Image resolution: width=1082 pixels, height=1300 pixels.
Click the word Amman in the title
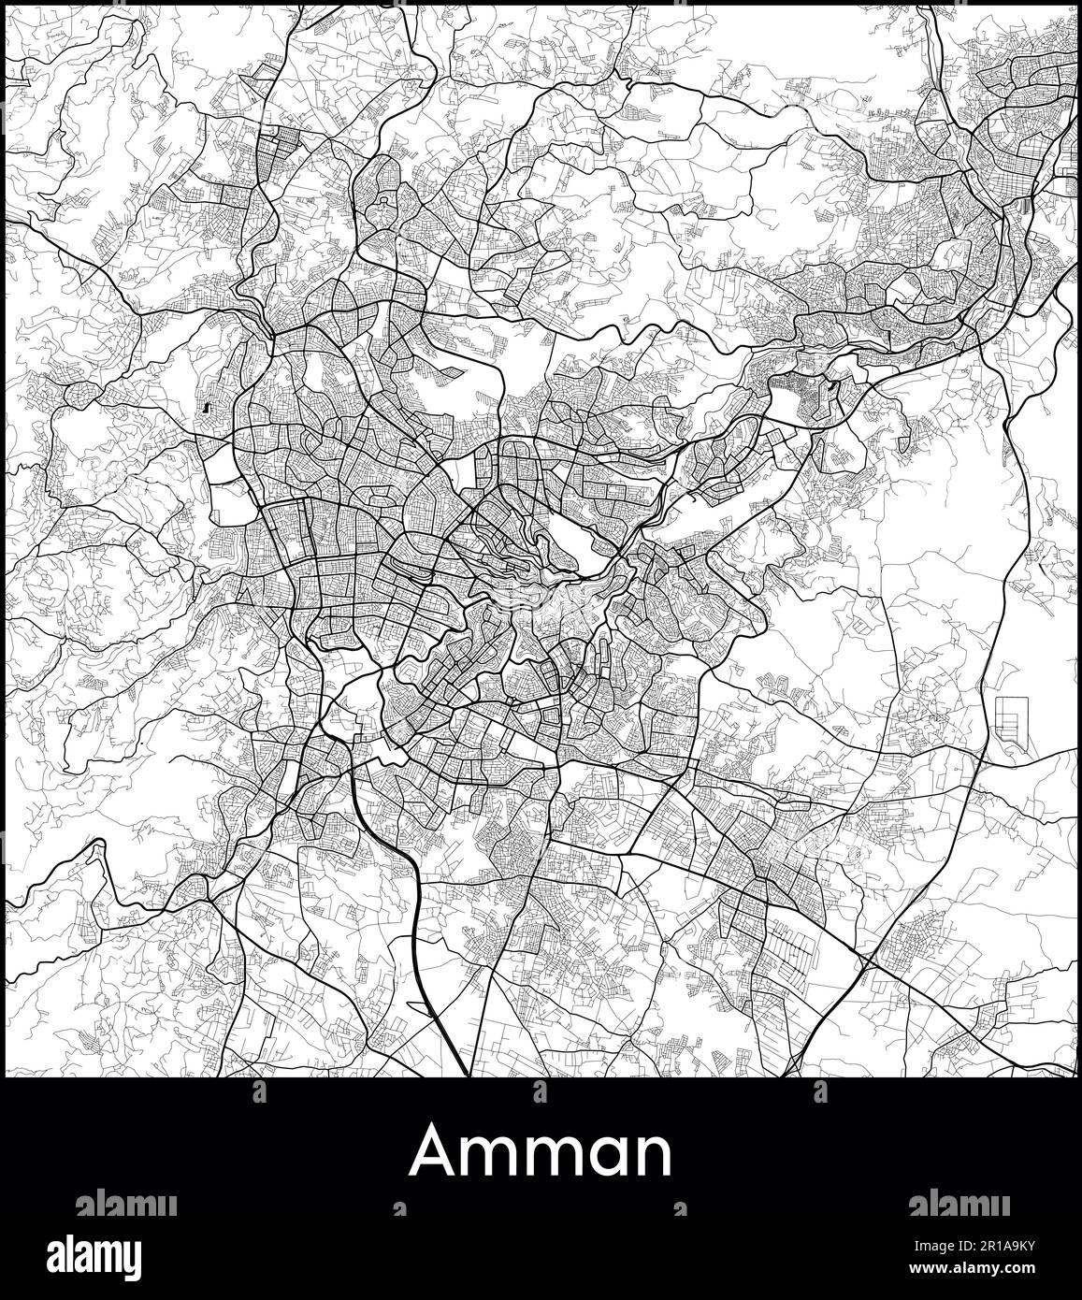click(541, 1150)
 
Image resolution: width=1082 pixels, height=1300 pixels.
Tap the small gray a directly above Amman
click(540, 1092)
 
